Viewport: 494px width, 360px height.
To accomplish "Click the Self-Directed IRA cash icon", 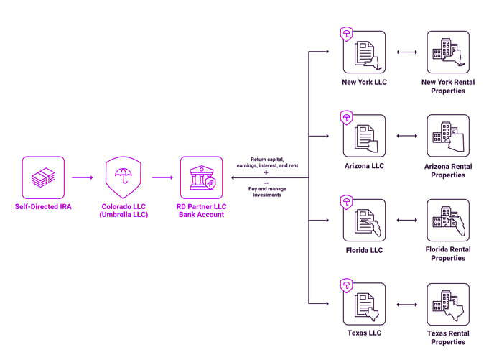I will click(x=43, y=177).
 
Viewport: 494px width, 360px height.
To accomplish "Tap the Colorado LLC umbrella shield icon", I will click(x=126, y=177).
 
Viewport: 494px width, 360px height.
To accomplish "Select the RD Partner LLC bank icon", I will click(x=201, y=177).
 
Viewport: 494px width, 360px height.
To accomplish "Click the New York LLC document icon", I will click(x=364, y=52).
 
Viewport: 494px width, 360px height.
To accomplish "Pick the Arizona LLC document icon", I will click(x=364, y=136).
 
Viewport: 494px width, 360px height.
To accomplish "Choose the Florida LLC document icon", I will click(x=364, y=220).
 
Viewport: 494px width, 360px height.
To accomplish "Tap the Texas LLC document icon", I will click(x=364, y=304).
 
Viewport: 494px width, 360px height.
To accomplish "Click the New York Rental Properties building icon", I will click(x=448, y=52).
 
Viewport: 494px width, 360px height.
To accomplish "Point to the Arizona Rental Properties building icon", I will click(x=448, y=136).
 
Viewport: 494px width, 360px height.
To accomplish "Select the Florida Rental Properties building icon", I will click(x=448, y=220).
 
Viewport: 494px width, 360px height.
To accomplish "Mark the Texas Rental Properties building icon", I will click(x=448, y=304).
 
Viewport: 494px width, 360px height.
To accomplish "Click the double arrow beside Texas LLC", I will click(x=406, y=304).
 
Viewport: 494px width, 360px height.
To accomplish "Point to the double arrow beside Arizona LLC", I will click(x=406, y=136).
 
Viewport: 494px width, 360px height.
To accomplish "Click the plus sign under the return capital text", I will click(x=266, y=172).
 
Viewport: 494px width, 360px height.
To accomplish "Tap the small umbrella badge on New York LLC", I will click(x=346, y=33).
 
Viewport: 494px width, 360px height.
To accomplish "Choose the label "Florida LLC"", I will click(x=364, y=250).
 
